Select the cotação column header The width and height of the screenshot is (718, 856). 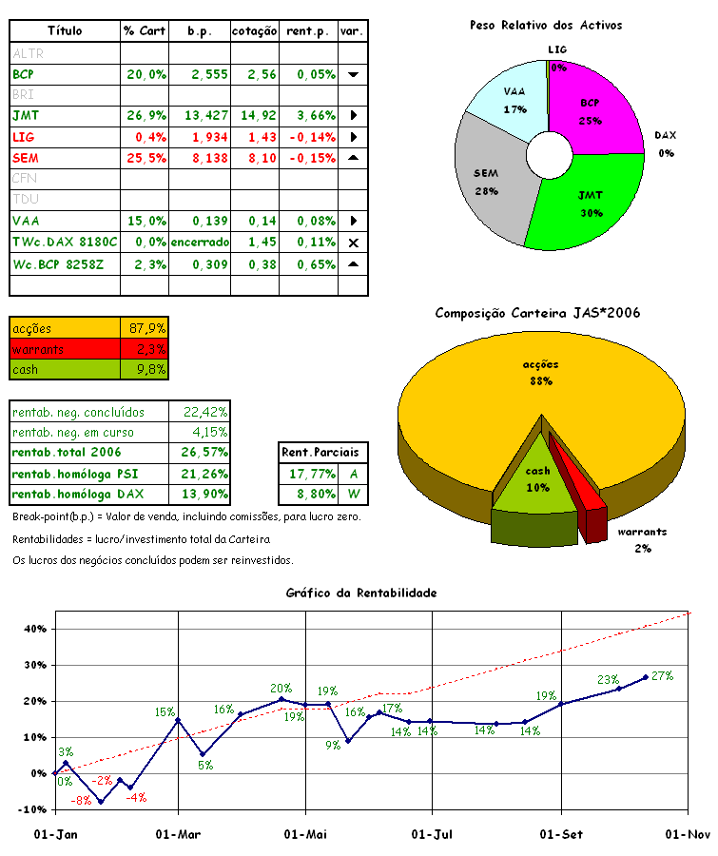click(254, 31)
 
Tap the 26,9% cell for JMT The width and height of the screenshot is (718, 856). click(146, 115)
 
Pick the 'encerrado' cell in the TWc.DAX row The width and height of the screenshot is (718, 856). click(200, 242)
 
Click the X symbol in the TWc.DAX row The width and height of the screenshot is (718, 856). click(353, 243)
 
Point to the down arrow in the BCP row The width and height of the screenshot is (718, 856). click(353, 73)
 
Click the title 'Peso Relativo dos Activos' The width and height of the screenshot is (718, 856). click(546, 25)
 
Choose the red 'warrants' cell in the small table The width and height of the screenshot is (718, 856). click(65, 349)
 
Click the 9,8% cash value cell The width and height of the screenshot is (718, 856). click(146, 369)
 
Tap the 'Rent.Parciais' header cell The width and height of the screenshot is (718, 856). click(325, 453)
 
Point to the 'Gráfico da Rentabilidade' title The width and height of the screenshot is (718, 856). click(361, 593)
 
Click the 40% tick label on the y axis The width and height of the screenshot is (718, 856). click(33, 629)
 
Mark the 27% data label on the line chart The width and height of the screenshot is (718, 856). click(662, 676)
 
